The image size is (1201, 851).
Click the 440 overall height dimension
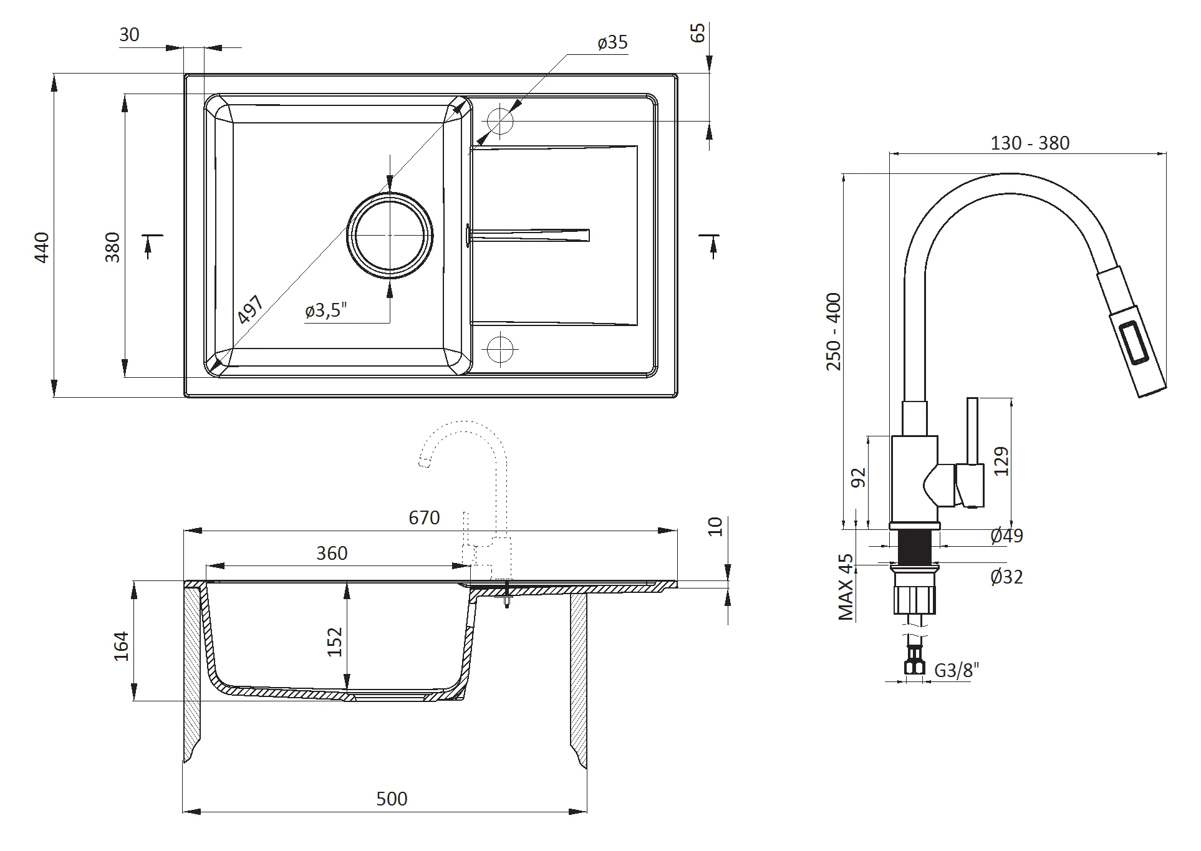click(x=41, y=247)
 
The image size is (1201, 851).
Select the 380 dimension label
click(x=112, y=247)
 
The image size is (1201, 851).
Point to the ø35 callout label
click(x=612, y=43)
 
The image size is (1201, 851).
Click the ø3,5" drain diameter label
click(x=326, y=310)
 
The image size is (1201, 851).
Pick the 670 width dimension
click(x=424, y=518)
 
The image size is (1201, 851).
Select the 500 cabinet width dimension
click(x=392, y=799)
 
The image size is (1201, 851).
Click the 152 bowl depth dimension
click(x=335, y=642)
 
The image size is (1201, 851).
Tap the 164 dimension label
click(x=122, y=647)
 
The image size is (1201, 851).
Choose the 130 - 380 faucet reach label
click(x=1030, y=143)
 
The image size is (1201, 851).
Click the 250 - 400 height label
click(x=834, y=331)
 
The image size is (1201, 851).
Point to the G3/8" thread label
click(x=957, y=670)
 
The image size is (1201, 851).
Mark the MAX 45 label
click(x=846, y=587)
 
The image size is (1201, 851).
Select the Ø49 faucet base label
click(x=1006, y=536)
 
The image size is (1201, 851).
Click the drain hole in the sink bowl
click(x=390, y=234)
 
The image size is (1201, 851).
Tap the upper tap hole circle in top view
click(x=500, y=120)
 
